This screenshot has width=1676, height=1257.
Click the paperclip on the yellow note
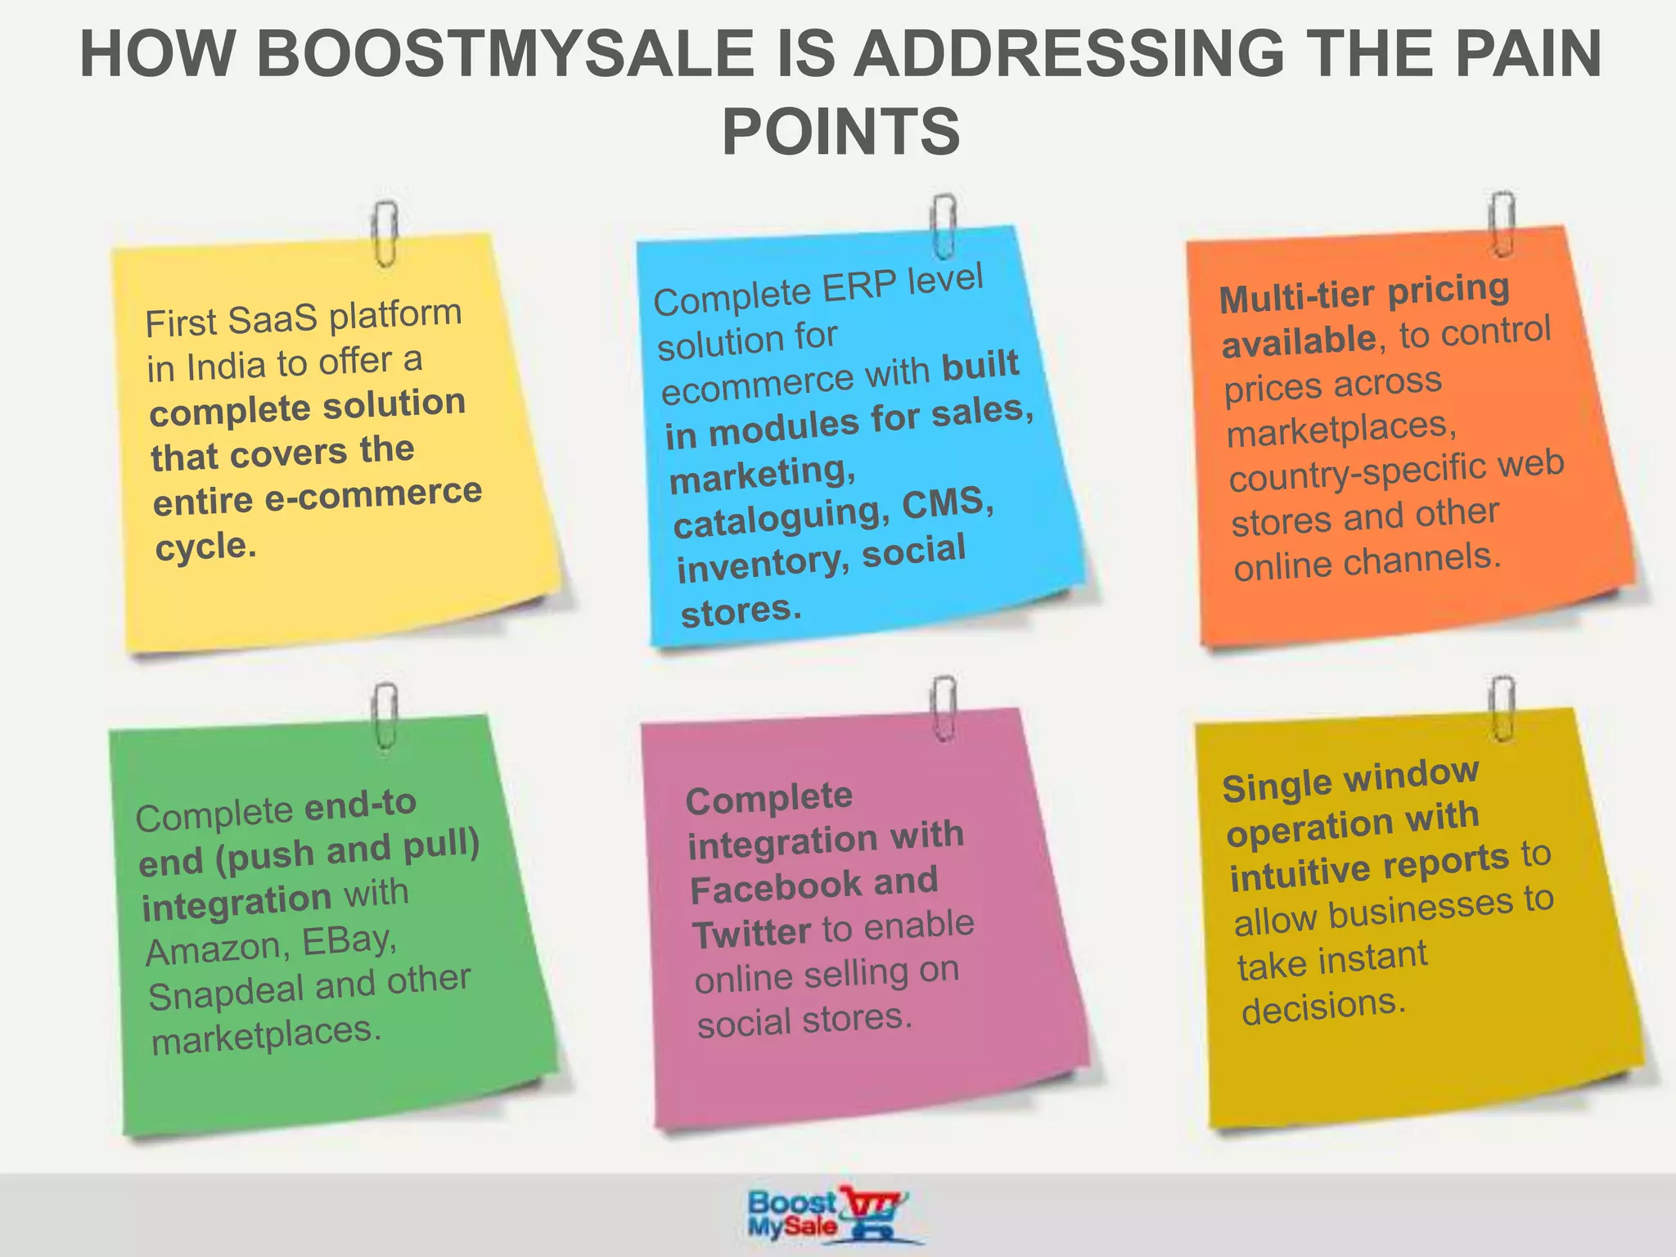(384, 233)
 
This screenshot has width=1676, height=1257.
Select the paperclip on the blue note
(943, 225)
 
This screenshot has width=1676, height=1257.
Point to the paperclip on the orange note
(1502, 223)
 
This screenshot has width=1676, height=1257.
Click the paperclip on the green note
(384, 715)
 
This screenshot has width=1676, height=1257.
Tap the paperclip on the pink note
(944, 708)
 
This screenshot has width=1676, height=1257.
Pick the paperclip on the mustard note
(1503, 708)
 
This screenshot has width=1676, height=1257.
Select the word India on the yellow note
(226, 366)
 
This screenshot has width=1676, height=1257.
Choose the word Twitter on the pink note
(751, 934)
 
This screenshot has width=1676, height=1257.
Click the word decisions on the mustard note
(1322, 1007)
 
